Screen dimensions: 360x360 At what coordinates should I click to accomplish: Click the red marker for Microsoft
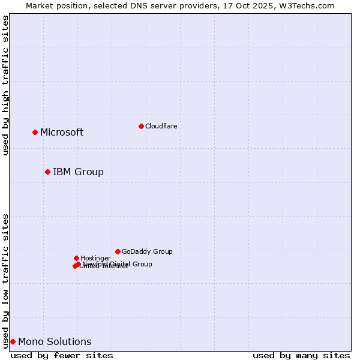(35, 132)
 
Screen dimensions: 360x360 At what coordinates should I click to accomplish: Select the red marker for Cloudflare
(141, 126)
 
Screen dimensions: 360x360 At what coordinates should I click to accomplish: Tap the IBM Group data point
(47, 172)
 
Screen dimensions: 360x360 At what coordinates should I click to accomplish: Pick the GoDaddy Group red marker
(118, 251)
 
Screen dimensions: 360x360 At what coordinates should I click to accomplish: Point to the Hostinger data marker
(76, 258)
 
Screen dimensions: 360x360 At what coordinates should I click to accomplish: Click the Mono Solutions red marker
(13, 341)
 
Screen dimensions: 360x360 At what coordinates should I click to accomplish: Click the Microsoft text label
(62, 133)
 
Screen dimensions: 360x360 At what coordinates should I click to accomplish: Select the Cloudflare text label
(161, 126)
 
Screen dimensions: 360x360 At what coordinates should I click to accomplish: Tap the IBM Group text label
(78, 172)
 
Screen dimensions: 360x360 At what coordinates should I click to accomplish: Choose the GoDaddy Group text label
(147, 252)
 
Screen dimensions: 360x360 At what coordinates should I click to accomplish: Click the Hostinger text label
(95, 259)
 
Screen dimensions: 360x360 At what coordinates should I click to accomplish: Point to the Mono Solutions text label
(55, 342)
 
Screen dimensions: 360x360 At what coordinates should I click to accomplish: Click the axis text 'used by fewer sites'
(62, 355)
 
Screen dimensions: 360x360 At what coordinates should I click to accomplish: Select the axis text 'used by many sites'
(301, 355)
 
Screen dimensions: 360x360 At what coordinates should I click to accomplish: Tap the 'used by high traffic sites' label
(6, 85)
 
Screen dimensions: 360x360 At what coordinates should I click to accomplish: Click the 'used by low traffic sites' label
(6, 281)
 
